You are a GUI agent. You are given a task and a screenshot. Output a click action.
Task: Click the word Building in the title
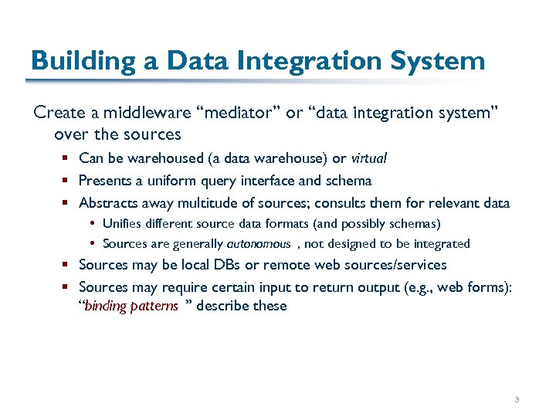76,61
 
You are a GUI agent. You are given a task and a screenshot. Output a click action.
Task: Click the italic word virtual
368,158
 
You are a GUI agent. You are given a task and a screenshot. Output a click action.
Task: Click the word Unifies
121,224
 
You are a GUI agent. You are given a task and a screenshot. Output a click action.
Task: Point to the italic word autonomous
258,244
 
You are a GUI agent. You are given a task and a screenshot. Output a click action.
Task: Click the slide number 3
517,400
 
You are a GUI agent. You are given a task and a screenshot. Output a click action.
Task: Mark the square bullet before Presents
67,181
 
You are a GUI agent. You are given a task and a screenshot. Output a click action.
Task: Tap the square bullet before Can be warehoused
67,158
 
